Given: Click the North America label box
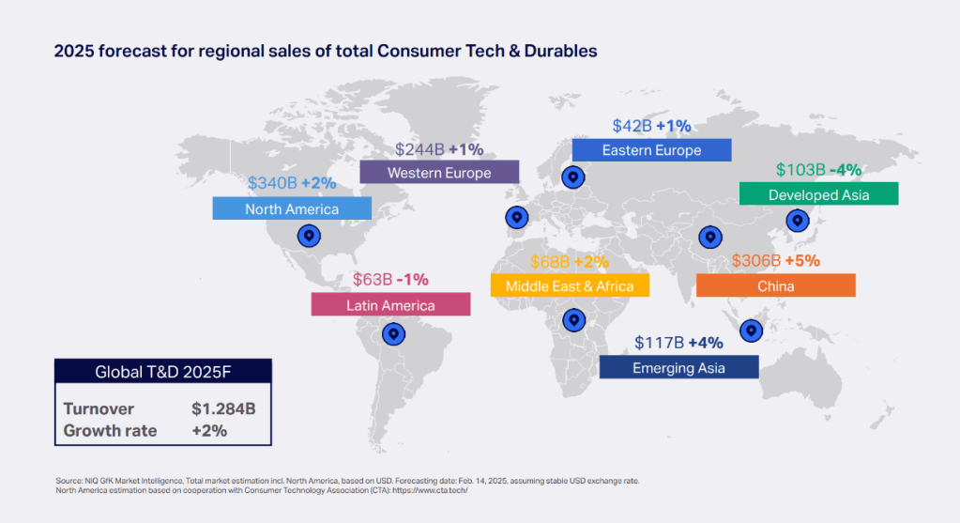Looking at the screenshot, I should point(292,208).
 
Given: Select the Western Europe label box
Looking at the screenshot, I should point(439,173).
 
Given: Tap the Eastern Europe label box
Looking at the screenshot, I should point(651,150).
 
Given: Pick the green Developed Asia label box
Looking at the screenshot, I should point(818,194).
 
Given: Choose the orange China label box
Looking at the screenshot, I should point(775,285).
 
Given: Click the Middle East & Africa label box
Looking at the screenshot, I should point(570,285).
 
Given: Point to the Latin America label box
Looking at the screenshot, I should point(390,305).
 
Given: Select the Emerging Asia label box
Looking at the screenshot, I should point(678,367).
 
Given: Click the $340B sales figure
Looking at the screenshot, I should point(272,183).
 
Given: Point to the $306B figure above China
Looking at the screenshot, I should point(754,260).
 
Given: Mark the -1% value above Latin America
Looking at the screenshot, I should point(412,279).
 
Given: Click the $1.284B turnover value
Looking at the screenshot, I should point(223,409).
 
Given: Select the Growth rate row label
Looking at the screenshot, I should point(110,431).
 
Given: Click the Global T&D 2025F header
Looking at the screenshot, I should point(162,372).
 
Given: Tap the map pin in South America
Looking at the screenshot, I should point(394,333).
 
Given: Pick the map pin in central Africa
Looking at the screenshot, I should point(573,320).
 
